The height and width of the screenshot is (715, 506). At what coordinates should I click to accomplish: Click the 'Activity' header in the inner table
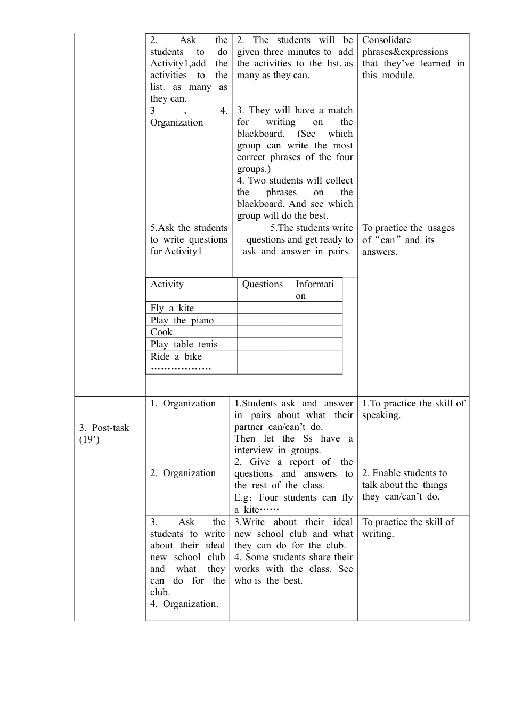167,284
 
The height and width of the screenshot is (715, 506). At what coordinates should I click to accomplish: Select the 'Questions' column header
262,284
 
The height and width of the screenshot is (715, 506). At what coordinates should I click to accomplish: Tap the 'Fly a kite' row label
172,308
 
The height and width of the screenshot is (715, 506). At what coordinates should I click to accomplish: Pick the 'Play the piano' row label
182,320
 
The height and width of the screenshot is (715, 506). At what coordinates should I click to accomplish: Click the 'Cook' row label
161,332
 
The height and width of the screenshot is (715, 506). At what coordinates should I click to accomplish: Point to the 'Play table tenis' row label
184,344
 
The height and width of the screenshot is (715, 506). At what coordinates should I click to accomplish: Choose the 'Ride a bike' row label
176,356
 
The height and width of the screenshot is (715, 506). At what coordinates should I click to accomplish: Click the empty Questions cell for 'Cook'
264,332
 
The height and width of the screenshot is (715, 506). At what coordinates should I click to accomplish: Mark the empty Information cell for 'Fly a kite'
316,308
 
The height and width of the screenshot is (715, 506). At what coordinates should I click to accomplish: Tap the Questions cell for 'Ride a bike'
264,356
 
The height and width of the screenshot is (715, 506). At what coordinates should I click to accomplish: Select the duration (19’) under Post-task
89,439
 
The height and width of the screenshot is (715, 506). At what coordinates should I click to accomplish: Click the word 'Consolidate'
387,40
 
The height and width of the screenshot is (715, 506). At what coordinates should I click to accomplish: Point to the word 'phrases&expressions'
405,52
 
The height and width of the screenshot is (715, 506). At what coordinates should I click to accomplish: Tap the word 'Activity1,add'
178,63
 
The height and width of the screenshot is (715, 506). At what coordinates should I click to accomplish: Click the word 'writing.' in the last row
378,534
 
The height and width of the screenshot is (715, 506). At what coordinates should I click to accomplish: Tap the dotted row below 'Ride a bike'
181,368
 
